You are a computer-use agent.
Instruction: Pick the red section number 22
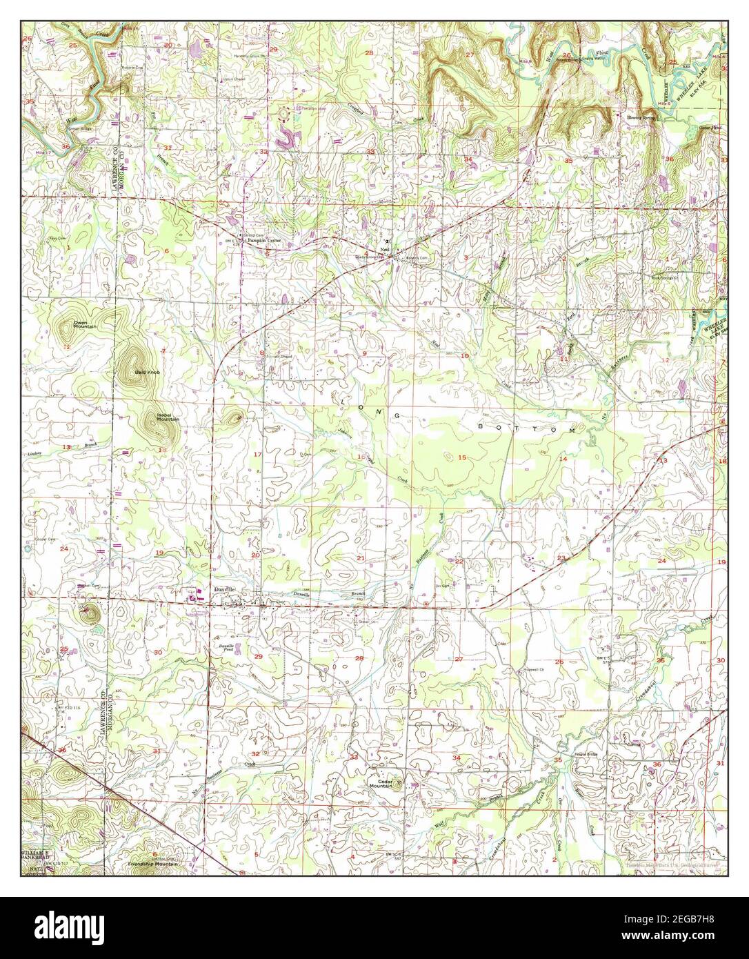(x=459, y=561)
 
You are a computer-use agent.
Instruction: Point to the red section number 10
(x=465, y=355)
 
